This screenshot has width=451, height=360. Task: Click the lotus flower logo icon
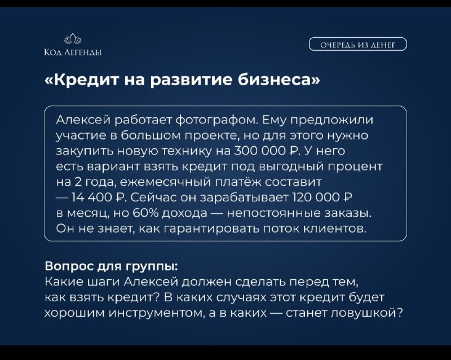pos(73,38)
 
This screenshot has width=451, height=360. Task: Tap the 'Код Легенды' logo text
pos(73,52)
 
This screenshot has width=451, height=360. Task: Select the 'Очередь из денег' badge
pos(358,45)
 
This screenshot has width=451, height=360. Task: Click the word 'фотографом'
pos(216,120)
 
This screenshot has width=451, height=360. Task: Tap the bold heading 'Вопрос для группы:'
pos(112,267)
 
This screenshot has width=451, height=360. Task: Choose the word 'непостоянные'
pos(273,213)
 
